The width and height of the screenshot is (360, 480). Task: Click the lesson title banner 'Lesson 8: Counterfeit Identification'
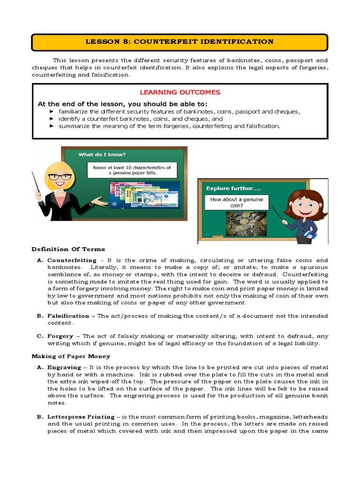click(180, 42)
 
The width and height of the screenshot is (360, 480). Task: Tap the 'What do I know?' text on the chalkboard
click(102, 154)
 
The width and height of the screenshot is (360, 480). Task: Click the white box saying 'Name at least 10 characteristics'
click(132, 170)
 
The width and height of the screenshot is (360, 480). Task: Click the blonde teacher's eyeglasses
click(60, 177)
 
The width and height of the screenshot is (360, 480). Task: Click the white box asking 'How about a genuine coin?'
click(237, 202)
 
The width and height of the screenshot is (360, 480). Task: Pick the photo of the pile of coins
click(246, 224)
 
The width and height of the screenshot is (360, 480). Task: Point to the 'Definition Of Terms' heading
click(68, 249)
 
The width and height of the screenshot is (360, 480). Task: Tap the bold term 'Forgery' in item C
click(60, 336)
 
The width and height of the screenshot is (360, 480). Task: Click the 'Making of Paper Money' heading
click(70, 356)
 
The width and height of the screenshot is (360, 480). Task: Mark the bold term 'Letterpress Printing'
click(81, 417)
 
